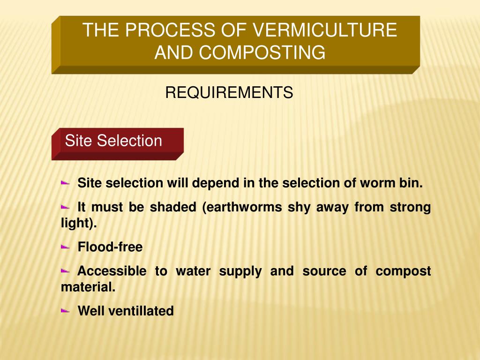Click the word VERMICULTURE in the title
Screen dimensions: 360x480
325,30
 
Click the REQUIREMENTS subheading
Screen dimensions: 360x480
229,93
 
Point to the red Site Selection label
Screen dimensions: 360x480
113,141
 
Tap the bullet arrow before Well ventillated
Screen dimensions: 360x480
65,310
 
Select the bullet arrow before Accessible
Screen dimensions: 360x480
65,270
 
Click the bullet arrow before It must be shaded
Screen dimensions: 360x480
65,207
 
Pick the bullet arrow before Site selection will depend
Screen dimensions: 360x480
65,183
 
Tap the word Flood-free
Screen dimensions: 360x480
110,247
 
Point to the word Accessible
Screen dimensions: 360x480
111,270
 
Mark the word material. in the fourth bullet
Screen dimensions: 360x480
88,287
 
